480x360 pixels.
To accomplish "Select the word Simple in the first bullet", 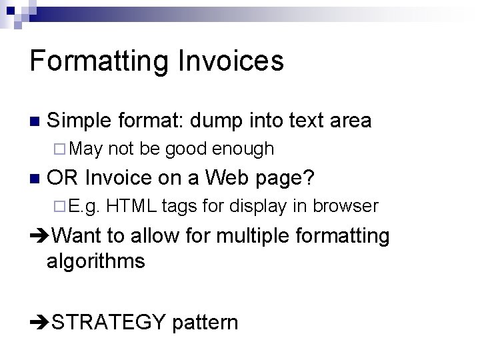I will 80,121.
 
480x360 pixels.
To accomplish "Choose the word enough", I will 243,149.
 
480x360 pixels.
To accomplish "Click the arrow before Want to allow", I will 39,236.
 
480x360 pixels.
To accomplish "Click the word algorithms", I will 95,261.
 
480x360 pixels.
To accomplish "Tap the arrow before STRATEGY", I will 39,323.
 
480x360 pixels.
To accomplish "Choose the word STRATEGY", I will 109,323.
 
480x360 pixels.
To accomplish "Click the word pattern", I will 205,323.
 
